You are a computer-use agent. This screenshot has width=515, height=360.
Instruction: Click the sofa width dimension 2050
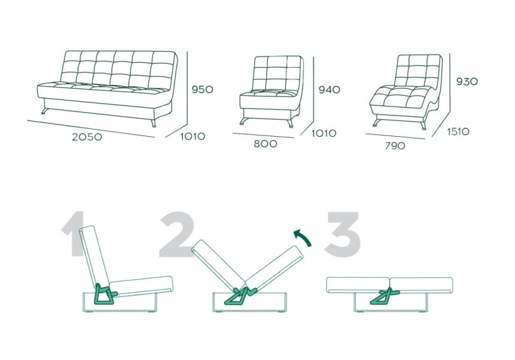[87, 137]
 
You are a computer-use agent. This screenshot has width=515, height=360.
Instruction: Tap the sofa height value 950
[202, 89]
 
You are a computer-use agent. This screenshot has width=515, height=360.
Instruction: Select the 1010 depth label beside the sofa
[193, 136]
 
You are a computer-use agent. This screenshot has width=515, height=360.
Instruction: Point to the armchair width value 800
[266, 143]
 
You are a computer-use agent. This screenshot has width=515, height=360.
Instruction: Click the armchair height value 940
[329, 89]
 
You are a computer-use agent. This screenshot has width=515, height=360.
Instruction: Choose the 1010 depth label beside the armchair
[324, 133]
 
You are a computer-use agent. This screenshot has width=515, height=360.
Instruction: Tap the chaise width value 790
[395, 146]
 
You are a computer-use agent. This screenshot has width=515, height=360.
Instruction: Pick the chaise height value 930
[467, 81]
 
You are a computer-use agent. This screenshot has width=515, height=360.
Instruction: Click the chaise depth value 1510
[459, 131]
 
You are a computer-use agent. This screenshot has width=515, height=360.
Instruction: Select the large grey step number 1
[74, 234]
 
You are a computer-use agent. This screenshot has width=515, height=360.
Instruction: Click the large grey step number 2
[176, 234]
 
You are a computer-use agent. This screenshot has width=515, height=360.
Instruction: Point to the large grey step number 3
[342, 234]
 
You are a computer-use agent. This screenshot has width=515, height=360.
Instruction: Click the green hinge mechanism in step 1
[104, 293]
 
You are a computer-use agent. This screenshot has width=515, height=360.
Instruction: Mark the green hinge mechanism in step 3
[385, 296]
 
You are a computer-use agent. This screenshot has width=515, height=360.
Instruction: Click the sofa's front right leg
[153, 123]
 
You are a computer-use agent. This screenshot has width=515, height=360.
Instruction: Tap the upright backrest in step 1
[95, 256]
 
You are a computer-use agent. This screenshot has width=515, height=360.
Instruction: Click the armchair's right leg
[290, 123]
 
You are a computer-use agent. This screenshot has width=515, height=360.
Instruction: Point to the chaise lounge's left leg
[377, 123]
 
